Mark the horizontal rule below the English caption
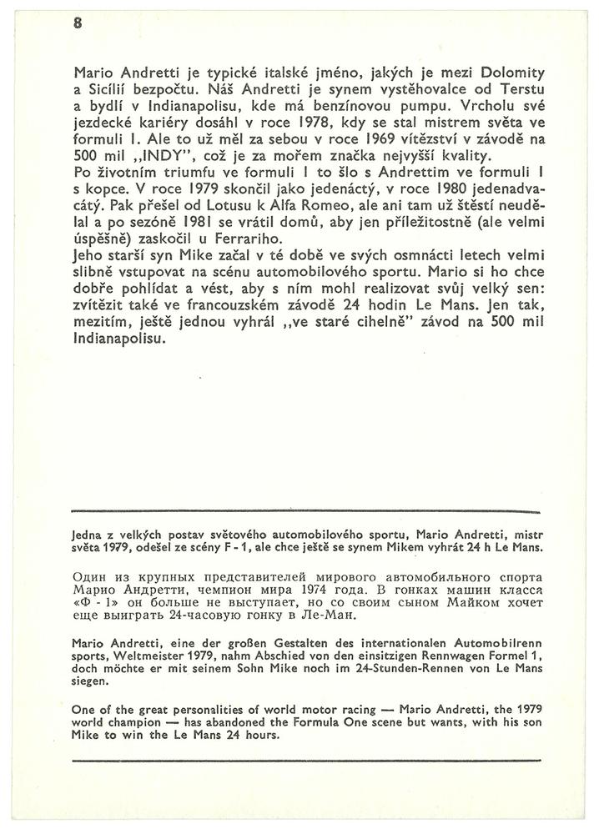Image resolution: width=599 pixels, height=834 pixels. [307, 759]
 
